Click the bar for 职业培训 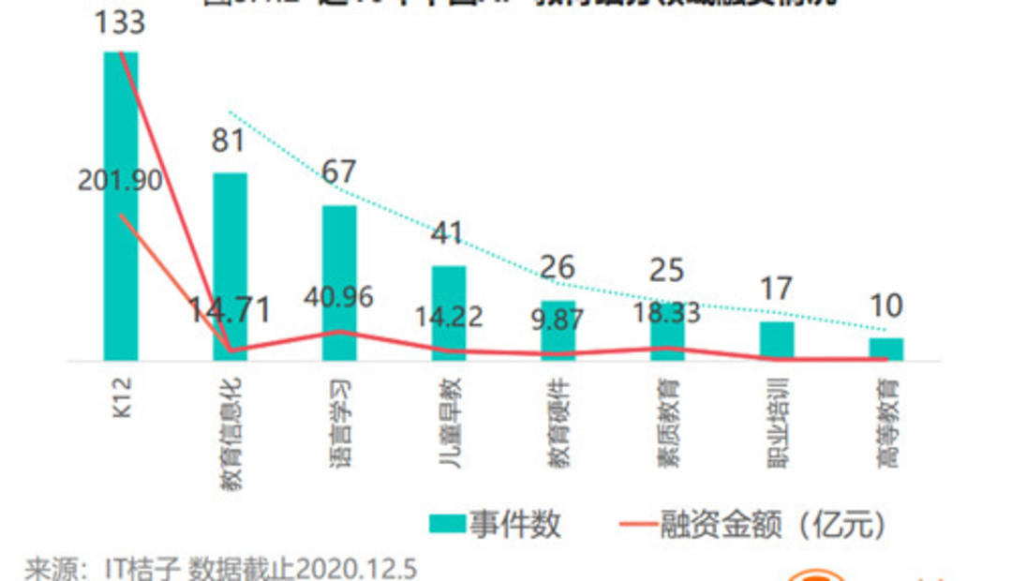pyautogui.click(x=776, y=341)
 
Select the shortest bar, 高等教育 pyautogui.click(x=885, y=349)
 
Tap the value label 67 pyautogui.click(x=339, y=173)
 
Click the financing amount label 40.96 pyautogui.click(x=338, y=297)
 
